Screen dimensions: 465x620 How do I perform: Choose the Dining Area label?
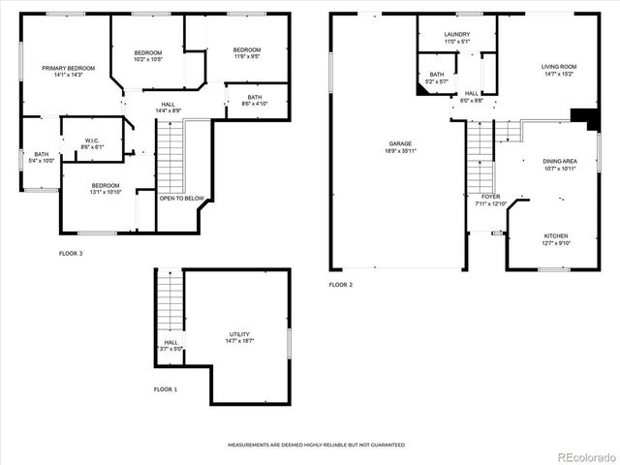coord(558,165)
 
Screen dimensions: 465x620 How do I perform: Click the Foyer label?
coord(491,200)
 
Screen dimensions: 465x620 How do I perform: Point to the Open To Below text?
coord(182,199)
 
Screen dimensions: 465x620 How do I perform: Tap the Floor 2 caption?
coord(340,285)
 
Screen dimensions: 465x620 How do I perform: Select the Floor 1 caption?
coord(166,389)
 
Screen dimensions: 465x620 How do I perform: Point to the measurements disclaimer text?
coord(316,445)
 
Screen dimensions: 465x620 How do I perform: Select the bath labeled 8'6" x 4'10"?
coord(254,100)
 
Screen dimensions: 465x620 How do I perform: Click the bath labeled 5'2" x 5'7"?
coord(437,77)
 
